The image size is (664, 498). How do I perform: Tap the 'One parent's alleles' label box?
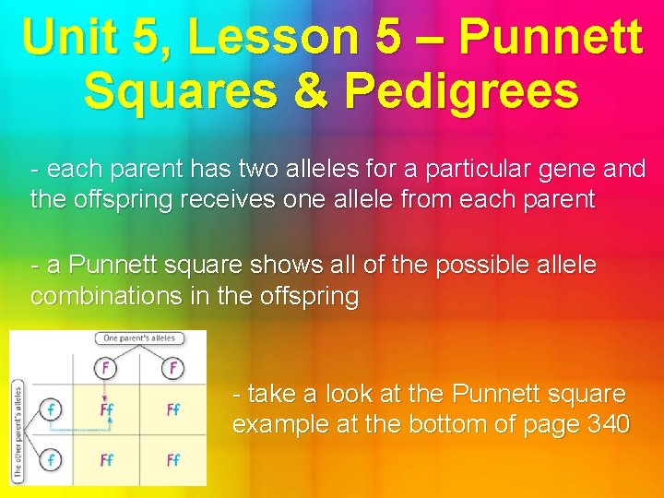[x=139, y=339]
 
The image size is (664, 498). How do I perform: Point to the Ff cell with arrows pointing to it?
[x=107, y=409]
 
